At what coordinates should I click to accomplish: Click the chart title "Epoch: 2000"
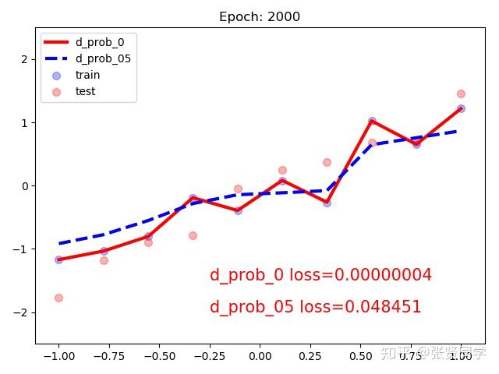(x=260, y=17)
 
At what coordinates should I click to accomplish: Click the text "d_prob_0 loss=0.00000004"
(x=320, y=275)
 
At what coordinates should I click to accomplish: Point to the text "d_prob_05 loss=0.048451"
(x=315, y=307)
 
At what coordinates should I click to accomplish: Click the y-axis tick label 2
(x=26, y=59)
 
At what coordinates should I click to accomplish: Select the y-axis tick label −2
(x=23, y=312)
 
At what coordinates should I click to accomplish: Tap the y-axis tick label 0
(x=26, y=186)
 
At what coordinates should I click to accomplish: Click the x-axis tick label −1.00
(x=58, y=356)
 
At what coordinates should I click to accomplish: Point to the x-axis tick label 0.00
(x=260, y=356)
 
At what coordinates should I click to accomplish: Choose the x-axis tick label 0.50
(x=360, y=356)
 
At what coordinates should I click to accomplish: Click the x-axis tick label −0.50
(x=159, y=356)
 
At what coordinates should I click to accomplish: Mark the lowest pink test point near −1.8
(x=58, y=298)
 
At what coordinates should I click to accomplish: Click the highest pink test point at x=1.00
(x=461, y=93)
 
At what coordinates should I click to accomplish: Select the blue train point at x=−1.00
(x=58, y=259)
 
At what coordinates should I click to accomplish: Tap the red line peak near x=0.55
(x=372, y=121)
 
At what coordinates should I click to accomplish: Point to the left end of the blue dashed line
(x=59, y=244)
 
